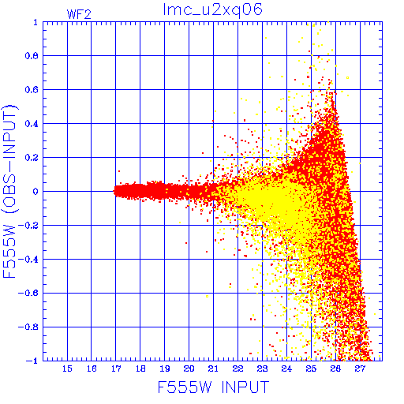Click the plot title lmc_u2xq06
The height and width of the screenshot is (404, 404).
[x=213, y=10]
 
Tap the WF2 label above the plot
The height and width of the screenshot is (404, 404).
[x=79, y=14]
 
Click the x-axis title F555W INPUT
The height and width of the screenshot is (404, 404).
[x=213, y=387]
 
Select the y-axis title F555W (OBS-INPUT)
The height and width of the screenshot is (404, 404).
[x=9, y=191]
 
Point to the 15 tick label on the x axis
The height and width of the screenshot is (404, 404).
[x=67, y=368]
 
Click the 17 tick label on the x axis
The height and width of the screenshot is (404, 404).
[x=116, y=368]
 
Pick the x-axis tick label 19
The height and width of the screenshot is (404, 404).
[x=165, y=368]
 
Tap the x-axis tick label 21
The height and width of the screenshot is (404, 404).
[x=213, y=368]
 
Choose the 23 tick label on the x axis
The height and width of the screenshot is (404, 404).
[x=262, y=368]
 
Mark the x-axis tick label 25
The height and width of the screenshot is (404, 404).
[x=311, y=368]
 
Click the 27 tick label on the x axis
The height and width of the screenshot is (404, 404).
[x=360, y=368]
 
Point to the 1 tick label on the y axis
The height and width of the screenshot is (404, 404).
[x=36, y=22]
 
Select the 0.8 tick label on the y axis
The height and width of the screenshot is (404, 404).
[x=32, y=56]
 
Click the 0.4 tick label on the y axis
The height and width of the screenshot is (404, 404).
[x=32, y=124]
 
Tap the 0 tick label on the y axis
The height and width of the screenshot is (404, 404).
[x=36, y=191]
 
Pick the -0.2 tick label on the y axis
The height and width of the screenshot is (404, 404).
[x=28, y=226]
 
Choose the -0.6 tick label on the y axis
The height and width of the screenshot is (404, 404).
[x=28, y=293]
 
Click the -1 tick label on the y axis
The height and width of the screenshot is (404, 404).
[x=32, y=361]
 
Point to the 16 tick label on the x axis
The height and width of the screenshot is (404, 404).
[x=92, y=368]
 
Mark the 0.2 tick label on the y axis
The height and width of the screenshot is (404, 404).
[x=32, y=158]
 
